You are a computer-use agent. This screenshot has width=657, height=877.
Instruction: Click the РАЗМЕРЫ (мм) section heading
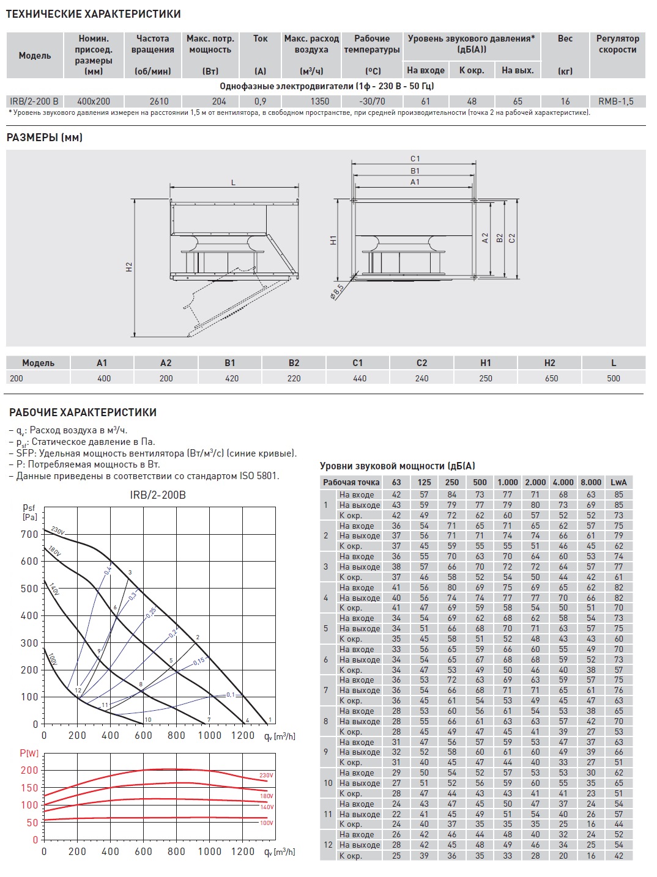point(44,138)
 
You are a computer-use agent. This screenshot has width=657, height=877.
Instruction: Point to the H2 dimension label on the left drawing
point(129,267)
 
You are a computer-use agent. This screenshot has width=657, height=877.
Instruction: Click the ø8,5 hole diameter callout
point(337,291)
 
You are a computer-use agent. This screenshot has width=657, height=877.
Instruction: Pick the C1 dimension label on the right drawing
point(415,159)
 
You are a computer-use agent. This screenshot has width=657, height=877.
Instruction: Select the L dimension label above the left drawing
point(233,183)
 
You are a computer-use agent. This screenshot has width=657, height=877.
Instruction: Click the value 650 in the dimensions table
point(551,378)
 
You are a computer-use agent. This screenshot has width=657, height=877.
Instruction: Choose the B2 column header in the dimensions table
point(294,363)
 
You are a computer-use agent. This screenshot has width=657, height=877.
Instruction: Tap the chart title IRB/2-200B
point(158,494)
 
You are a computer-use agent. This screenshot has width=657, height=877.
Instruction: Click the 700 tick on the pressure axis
point(29,534)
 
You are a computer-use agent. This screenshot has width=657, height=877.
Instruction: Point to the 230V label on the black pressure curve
point(58,530)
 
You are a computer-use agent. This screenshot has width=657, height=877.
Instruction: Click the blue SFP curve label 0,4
point(108,571)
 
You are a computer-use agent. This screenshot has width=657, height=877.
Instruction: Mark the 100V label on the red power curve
point(266,823)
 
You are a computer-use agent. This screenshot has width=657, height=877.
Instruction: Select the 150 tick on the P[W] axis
point(29,788)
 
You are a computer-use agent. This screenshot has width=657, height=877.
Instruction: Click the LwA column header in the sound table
point(618,482)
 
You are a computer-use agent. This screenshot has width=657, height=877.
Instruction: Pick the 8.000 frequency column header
point(591,482)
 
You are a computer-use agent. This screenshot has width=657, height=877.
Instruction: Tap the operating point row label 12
point(328,845)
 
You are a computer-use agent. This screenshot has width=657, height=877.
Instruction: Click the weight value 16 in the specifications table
point(565,101)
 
